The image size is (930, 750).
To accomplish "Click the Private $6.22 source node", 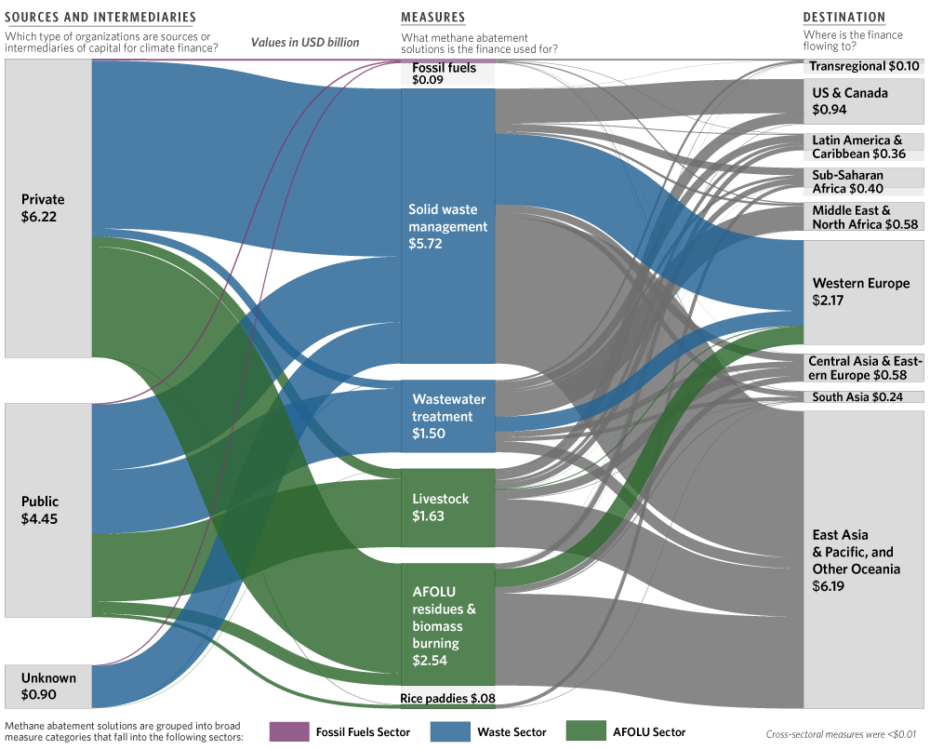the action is tap(48, 208).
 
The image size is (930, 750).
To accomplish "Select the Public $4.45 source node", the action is tap(48, 510).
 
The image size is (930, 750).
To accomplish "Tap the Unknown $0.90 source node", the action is tap(48, 686).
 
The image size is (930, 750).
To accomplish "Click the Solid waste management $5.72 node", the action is tap(448, 226).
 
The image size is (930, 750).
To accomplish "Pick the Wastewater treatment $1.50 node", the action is tap(448, 416).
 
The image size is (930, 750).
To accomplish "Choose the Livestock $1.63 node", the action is tap(448, 508).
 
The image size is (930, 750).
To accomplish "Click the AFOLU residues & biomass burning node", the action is tap(448, 624).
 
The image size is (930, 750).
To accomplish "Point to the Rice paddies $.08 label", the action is tap(448, 699).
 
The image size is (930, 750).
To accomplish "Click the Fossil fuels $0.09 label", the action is tap(445, 74).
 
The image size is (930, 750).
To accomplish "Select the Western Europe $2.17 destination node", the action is tap(864, 292).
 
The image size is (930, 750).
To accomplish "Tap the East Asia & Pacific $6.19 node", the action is tap(864, 559).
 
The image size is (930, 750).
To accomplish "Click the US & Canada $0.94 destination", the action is tap(864, 100).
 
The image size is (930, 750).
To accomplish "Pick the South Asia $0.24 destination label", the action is tap(857, 397).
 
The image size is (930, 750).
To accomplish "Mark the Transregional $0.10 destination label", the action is tap(864, 66).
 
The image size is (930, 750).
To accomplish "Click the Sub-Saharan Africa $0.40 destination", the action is tap(864, 181).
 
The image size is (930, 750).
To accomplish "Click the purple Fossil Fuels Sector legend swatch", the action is tap(289, 731).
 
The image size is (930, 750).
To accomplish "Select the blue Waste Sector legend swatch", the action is tap(450, 731).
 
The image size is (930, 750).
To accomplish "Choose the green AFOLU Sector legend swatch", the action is tap(586, 731).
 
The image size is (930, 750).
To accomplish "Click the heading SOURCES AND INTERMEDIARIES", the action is tap(100, 17).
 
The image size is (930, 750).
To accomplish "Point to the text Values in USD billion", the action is tap(305, 42).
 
